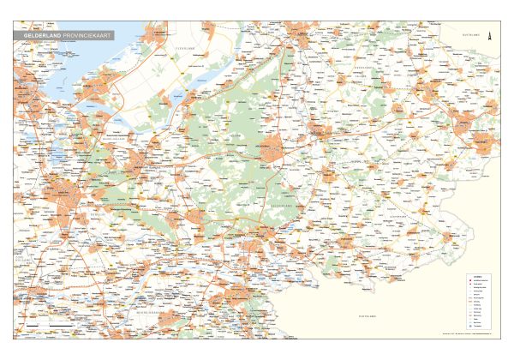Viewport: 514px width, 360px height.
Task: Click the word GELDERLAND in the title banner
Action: [42, 35]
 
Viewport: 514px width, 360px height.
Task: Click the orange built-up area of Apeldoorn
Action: [272, 146]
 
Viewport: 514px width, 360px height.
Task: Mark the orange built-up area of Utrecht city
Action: [64, 193]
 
